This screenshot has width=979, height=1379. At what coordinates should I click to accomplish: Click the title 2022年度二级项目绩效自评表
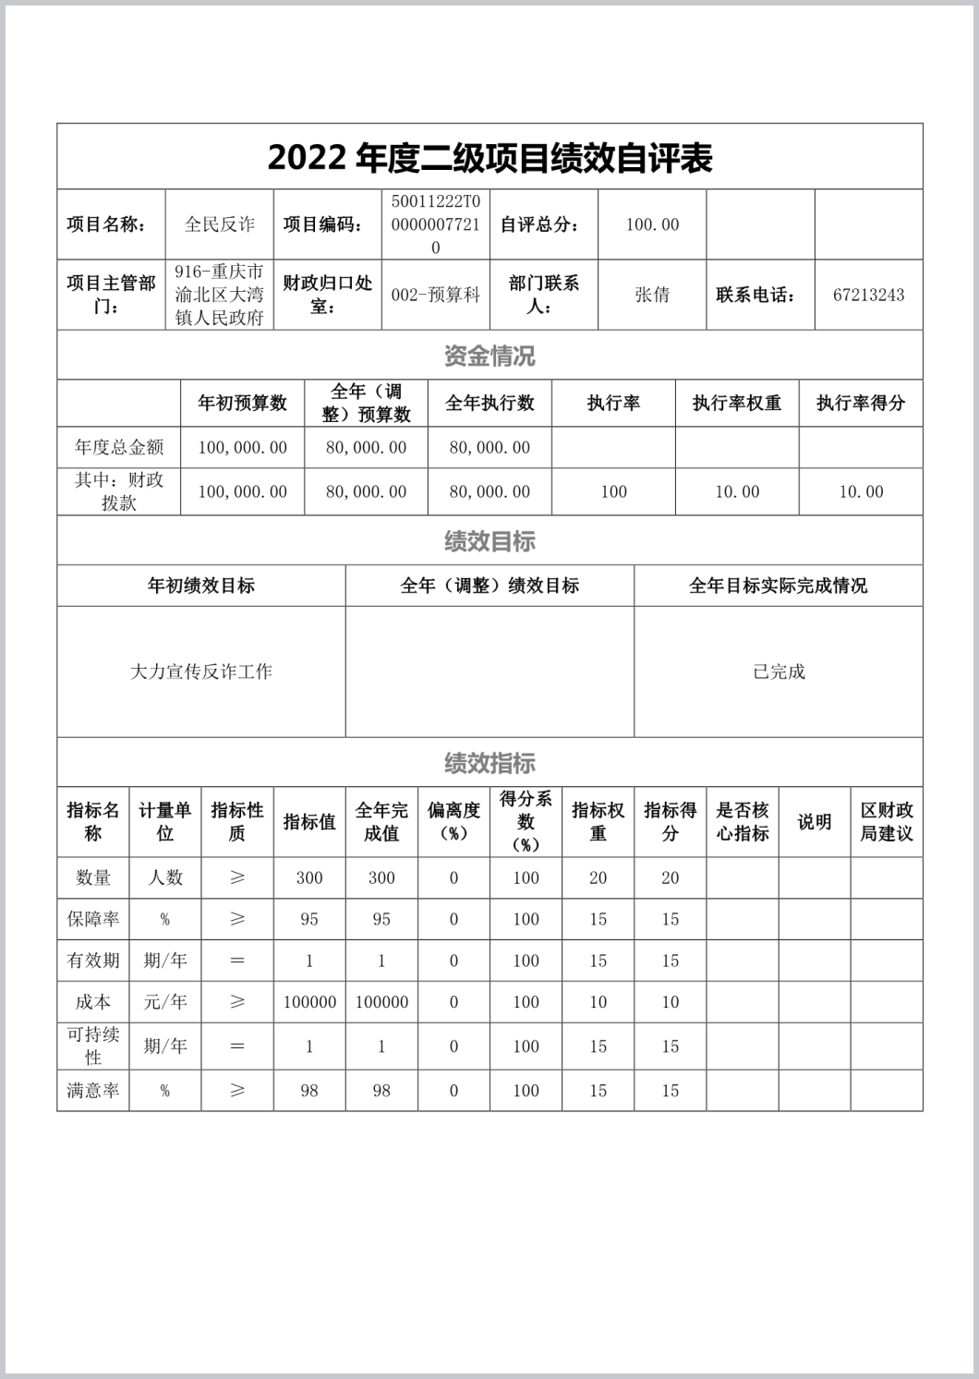click(489, 158)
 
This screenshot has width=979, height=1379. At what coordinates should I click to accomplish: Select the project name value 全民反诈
click(220, 224)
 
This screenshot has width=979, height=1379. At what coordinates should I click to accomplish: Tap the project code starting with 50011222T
click(436, 224)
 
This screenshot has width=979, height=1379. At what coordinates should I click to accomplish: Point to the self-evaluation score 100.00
click(652, 224)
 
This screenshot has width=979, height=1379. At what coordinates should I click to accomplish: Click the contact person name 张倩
click(652, 295)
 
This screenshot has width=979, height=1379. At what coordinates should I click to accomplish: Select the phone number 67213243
click(868, 295)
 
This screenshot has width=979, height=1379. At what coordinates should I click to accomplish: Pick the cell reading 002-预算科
click(436, 295)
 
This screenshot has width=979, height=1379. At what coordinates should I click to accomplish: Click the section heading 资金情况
click(489, 356)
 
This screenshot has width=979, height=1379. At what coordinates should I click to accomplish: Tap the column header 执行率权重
click(737, 403)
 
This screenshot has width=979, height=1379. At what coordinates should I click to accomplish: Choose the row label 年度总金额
click(119, 448)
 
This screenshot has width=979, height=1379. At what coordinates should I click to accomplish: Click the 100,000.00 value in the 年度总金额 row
click(242, 448)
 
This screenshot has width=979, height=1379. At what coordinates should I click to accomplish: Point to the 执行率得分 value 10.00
click(861, 492)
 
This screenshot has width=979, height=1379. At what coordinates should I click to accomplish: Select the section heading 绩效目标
click(489, 541)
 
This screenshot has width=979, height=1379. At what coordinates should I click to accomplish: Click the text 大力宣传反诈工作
click(201, 671)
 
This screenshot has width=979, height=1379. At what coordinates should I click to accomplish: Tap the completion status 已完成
click(779, 671)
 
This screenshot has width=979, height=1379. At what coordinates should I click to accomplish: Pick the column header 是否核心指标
click(743, 821)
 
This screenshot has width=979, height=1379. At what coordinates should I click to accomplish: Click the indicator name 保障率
click(93, 919)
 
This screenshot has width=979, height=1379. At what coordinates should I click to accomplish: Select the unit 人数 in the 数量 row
click(165, 877)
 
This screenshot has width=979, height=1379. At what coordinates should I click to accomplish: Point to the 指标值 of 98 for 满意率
click(309, 1091)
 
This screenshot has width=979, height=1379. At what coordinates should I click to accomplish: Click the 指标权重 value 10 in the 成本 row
click(598, 1002)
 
